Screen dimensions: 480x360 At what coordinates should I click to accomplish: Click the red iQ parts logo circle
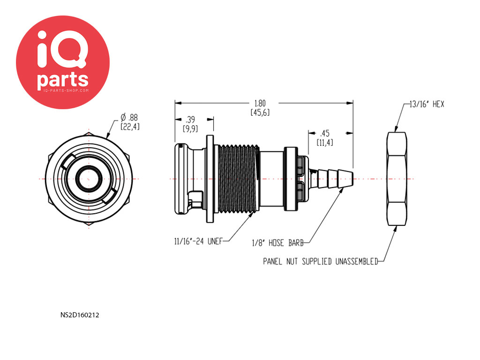63,62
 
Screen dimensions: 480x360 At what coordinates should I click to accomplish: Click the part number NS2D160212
80,315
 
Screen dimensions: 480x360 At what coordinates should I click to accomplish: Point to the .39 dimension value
190,120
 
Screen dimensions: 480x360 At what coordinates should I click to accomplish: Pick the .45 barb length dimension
324,134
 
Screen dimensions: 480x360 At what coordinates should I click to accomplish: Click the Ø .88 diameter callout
129,118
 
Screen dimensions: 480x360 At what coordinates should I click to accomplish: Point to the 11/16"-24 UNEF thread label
198,241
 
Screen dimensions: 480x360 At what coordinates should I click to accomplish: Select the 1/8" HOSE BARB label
277,243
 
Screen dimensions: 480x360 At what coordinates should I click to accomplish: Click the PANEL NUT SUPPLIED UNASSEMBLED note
321,262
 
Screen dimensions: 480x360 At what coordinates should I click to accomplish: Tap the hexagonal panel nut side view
397,179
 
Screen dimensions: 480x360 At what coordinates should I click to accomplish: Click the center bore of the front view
89,179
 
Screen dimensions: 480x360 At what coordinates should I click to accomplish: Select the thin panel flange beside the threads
210,179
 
